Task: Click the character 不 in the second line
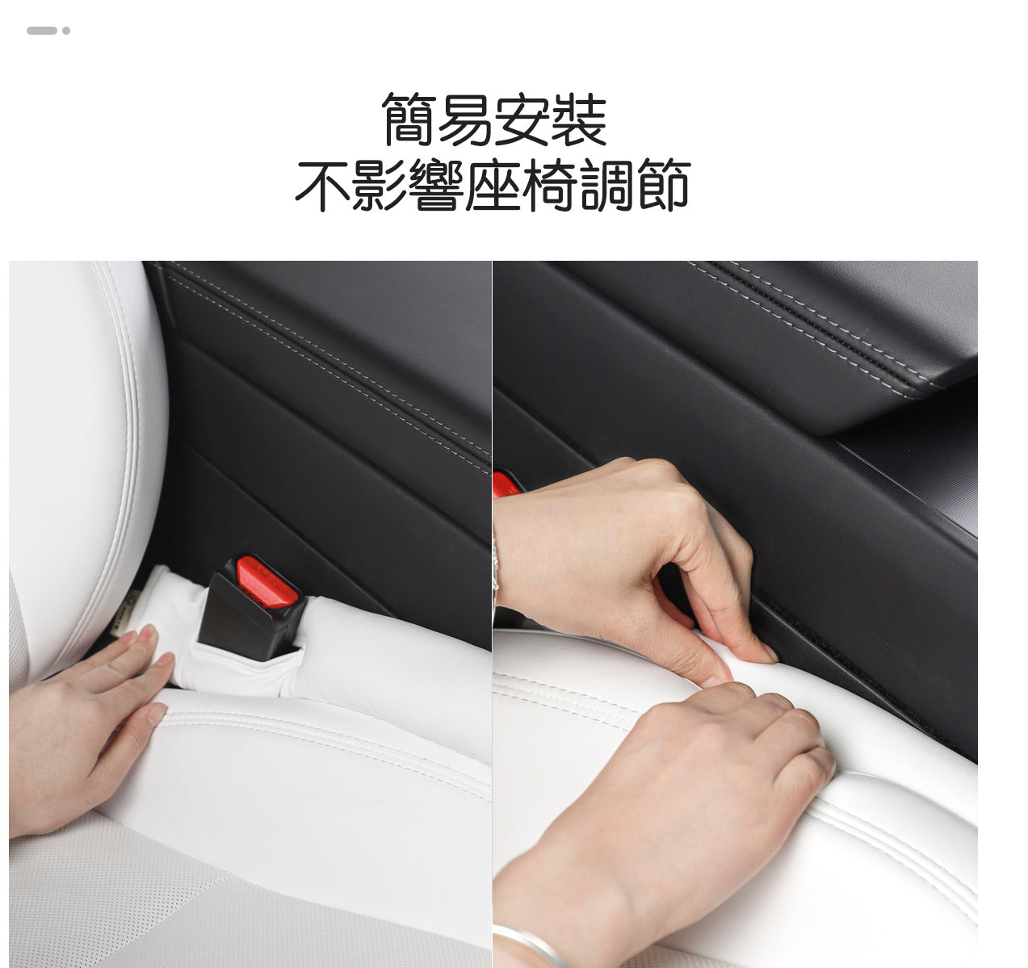(x=323, y=186)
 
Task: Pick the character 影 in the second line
(x=380, y=186)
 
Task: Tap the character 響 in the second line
(x=436, y=186)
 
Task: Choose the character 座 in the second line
(x=493, y=186)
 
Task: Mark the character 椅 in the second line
(x=549, y=186)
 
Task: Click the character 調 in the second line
(x=606, y=186)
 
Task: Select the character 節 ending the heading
(x=662, y=186)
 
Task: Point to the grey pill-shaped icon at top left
(x=41, y=31)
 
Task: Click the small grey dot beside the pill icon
(x=66, y=31)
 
